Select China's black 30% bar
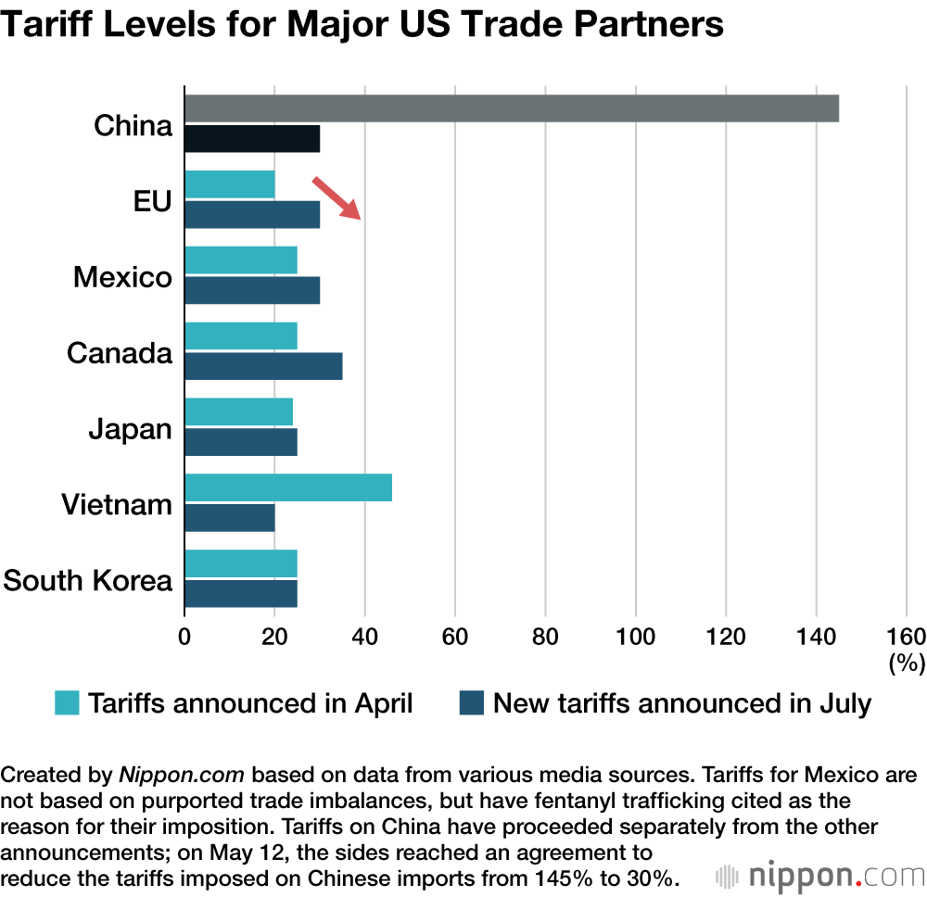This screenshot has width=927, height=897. click(x=252, y=139)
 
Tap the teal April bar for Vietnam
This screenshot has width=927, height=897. click(x=288, y=487)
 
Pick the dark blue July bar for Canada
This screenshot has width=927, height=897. click(x=263, y=366)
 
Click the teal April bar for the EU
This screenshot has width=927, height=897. click(x=230, y=184)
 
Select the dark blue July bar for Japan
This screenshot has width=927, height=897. click(x=241, y=442)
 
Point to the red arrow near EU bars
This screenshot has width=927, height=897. click(x=337, y=197)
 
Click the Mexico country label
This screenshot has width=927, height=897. click(x=122, y=277)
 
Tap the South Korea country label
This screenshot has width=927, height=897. click(x=88, y=581)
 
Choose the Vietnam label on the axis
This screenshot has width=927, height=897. click(x=117, y=505)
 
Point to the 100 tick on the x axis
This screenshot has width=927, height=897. click(x=635, y=636)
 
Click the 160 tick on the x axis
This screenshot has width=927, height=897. click(x=906, y=636)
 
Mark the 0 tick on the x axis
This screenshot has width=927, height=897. click(x=184, y=636)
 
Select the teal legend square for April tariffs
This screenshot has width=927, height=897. click(x=68, y=703)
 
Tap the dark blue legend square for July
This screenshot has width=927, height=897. click(x=472, y=703)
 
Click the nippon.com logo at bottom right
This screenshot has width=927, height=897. click(x=820, y=875)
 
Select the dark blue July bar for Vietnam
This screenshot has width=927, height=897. click(x=230, y=518)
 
